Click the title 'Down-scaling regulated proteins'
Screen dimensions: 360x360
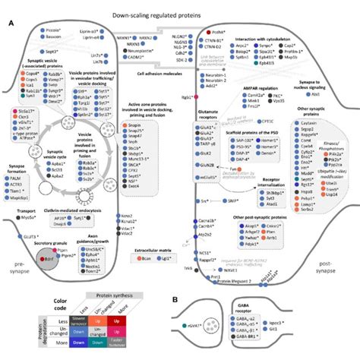(179, 6)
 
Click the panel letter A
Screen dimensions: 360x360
(10, 24)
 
